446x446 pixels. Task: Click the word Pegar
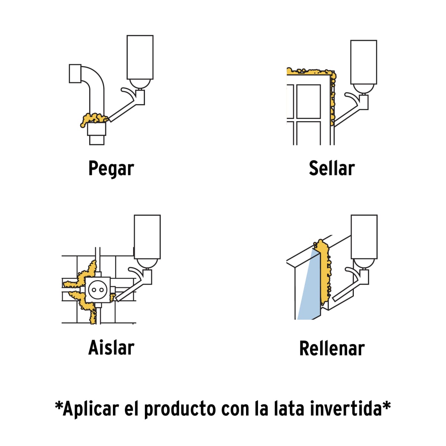coord(111,169)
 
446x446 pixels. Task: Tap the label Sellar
coord(332,169)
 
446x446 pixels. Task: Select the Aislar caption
coord(111,348)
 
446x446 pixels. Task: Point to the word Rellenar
coord(332,349)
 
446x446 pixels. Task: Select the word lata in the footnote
coord(286,409)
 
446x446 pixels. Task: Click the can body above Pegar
coord(140,56)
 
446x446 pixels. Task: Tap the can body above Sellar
coord(363,62)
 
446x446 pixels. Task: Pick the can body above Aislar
coord(147,236)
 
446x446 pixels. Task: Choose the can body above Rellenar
coord(364,236)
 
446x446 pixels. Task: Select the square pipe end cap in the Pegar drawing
coord(75,74)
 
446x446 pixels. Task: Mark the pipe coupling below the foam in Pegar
coord(97,130)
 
